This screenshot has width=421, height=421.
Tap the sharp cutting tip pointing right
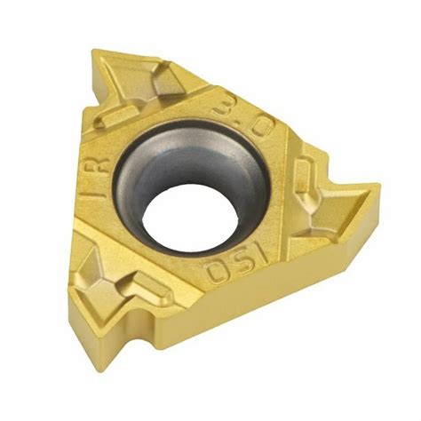point(377,188)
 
